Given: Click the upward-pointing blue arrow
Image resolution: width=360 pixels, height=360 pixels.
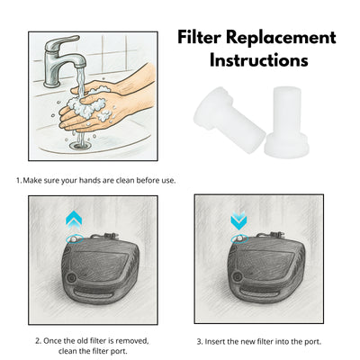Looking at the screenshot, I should (x=73, y=219).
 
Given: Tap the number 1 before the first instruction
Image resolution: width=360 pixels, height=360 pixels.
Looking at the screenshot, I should (x=18, y=181).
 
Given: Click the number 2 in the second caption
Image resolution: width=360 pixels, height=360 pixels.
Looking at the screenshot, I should (x=37, y=341).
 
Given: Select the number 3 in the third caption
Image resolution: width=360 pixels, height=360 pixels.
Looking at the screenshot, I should (x=199, y=341).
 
